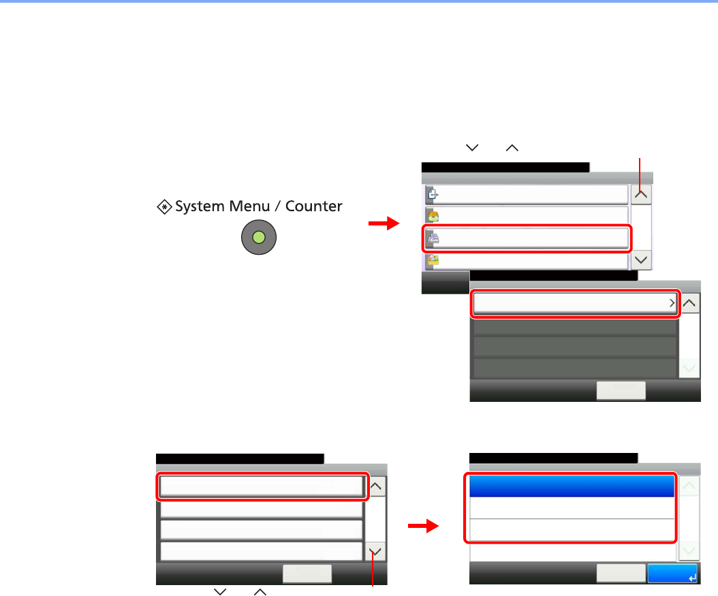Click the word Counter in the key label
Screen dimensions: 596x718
(314, 206)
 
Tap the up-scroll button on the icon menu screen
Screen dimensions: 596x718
(642, 194)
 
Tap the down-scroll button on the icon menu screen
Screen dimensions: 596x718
(642, 260)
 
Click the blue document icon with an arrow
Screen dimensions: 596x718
(432, 195)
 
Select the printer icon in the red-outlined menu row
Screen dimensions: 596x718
(432, 238)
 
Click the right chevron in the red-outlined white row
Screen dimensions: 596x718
(671, 304)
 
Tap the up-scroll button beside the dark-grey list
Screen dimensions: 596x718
(690, 304)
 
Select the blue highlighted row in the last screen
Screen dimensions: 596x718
(570, 486)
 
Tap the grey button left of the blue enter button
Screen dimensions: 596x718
(621, 574)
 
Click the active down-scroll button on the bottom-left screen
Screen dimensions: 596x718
(376, 552)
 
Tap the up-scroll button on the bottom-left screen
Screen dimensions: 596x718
(376, 486)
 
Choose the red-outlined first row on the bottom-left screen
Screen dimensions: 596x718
(261, 486)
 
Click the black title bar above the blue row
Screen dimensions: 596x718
(554, 458)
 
